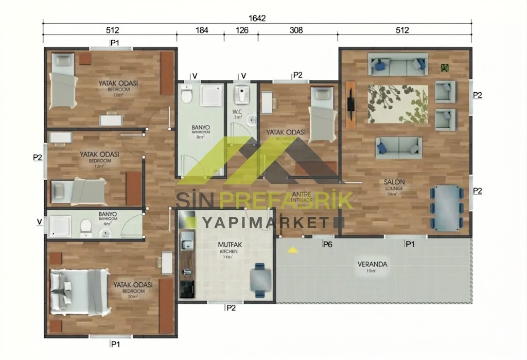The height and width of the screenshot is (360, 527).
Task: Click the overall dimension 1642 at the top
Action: (257, 18)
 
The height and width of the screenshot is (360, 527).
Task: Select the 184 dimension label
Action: (201, 30)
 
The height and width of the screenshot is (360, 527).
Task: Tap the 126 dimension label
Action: (241, 30)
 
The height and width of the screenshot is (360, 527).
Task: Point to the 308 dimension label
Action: (296, 30)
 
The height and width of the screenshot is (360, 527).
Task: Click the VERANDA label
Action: (372, 265)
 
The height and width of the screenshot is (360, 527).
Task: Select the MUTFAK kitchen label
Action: (227, 245)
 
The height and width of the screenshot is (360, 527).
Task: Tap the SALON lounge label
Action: (394, 182)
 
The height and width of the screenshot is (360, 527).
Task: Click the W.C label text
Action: (237, 112)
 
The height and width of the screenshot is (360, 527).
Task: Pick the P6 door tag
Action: (327, 244)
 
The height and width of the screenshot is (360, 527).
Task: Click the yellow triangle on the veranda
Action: (292, 250)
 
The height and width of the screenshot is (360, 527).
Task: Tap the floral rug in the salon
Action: (397, 104)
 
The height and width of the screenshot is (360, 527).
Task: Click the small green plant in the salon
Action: (445, 67)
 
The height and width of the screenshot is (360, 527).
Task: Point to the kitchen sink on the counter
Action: (186, 241)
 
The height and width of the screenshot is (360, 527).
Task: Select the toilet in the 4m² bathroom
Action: (86, 225)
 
